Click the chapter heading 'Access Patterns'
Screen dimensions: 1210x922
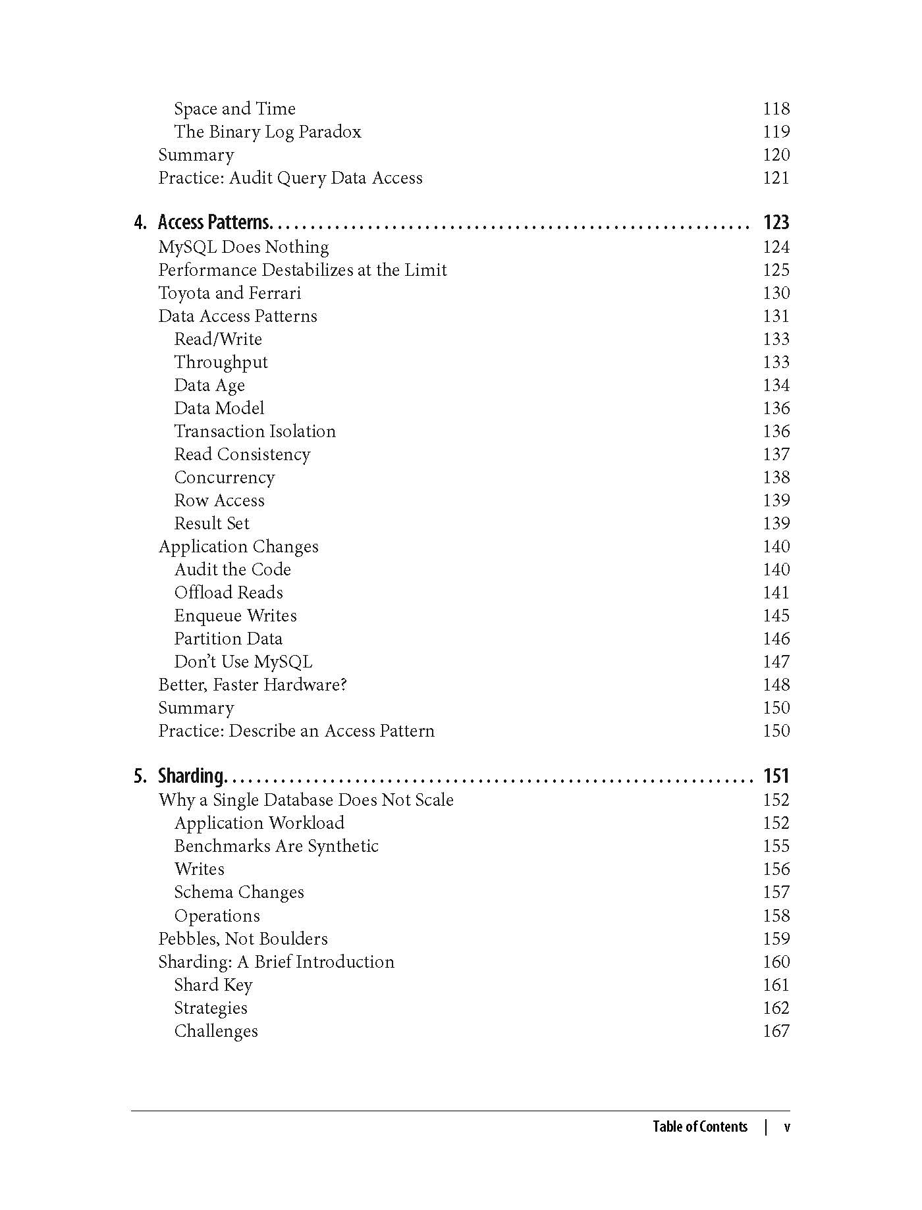pyautogui.click(x=214, y=223)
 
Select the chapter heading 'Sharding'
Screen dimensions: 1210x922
pyautogui.click(x=192, y=776)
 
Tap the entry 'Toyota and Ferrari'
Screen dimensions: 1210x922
pyautogui.click(x=229, y=293)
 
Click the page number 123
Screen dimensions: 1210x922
pyautogui.click(x=776, y=223)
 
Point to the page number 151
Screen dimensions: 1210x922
pyautogui.click(x=776, y=776)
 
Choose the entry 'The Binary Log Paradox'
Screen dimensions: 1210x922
pyautogui.click(x=267, y=132)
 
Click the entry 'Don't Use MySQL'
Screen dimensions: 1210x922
pyautogui.click(x=243, y=662)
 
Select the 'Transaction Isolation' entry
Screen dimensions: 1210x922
pyautogui.click(x=255, y=431)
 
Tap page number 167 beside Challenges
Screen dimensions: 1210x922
pyautogui.click(x=776, y=1031)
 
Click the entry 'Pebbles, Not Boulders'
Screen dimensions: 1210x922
pyautogui.click(x=243, y=939)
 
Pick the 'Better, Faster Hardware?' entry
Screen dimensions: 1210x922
pyautogui.click(x=252, y=685)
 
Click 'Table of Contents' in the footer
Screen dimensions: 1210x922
pyautogui.click(x=700, y=1126)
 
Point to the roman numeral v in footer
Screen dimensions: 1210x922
pyautogui.click(x=786, y=1127)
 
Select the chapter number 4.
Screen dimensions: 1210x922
pyautogui.click(x=140, y=223)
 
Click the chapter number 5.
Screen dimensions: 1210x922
pyautogui.click(x=140, y=776)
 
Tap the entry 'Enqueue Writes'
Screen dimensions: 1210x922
pyautogui.click(x=235, y=616)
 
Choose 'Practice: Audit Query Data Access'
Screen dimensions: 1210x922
pyautogui.click(x=290, y=178)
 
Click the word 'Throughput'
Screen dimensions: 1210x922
pyautogui.click(x=221, y=363)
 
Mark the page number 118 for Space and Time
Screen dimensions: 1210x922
pyautogui.click(x=776, y=109)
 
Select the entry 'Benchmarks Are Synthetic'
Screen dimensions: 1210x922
pyautogui.click(x=276, y=846)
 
